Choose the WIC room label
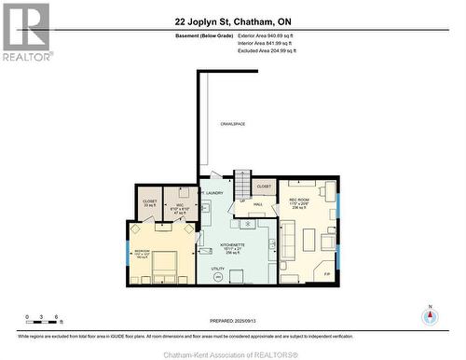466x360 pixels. pos(181,204)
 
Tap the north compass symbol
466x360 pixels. pos(429,314)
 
